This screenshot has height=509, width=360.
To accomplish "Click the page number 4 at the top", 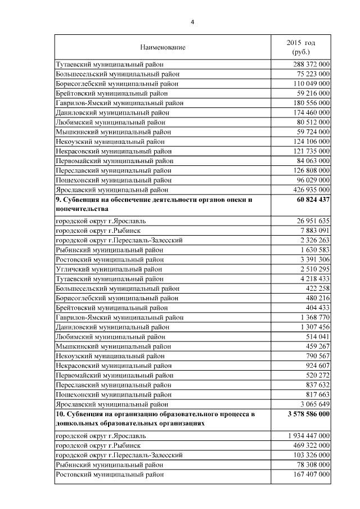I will [x=192, y=22].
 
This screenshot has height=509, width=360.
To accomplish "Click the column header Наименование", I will [x=163, y=47].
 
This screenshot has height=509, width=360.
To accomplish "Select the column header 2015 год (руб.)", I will [x=301, y=47].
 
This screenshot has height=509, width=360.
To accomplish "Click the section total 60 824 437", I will [x=307, y=200].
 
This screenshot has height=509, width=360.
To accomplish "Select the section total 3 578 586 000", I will [x=301, y=415].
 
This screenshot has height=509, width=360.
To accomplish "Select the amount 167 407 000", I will [x=308, y=475].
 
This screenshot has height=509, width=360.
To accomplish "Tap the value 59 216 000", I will [x=310, y=93].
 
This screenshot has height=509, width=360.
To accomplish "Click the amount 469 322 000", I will [x=308, y=445].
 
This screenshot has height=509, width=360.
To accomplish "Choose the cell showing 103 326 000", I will [x=308, y=454].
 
